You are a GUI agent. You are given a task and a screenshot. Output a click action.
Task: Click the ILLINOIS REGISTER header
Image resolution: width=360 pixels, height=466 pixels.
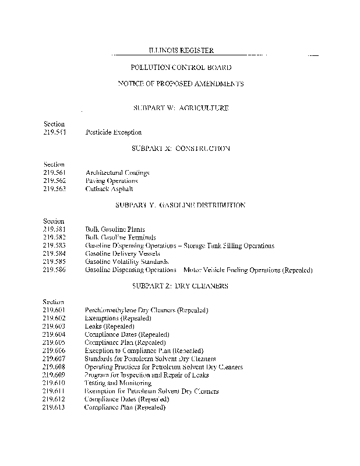pyautogui.click(x=181, y=51)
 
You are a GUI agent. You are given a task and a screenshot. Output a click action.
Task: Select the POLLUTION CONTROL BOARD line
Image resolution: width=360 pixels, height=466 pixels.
pyautogui.click(x=181, y=68)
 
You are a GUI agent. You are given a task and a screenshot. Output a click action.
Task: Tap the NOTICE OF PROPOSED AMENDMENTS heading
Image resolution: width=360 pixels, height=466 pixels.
pyautogui.click(x=181, y=84)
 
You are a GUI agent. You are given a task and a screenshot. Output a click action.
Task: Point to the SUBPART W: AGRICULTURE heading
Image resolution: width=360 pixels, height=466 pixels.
pyautogui.click(x=181, y=108)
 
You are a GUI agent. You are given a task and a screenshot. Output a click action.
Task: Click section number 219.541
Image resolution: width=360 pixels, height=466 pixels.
pyautogui.click(x=54, y=132)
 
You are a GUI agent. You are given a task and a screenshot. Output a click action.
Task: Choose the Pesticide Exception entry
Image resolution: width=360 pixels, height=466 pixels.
pyautogui.click(x=113, y=132)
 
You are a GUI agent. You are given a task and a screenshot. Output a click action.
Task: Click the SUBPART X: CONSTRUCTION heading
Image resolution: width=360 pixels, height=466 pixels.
pyautogui.click(x=181, y=149)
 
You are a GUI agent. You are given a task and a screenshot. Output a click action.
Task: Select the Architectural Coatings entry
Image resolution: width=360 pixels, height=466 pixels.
pyautogui.click(x=117, y=173)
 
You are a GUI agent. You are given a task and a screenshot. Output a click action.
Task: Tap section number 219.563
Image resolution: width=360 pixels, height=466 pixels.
pyautogui.click(x=54, y=189)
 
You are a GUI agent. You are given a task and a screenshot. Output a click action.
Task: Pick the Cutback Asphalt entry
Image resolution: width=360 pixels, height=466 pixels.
pyautogui.click(x=109, y=189)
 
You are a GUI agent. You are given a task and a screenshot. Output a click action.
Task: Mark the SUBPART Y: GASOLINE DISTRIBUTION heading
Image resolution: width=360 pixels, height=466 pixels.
pyautogui.click(x=181, y=205)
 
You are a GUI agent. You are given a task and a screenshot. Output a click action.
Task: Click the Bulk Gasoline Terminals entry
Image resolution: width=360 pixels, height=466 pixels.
pyautogui.click(x=121, y=238)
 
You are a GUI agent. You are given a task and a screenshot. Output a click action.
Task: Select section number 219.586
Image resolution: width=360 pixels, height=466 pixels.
pyautogui.click(x=54, y=270)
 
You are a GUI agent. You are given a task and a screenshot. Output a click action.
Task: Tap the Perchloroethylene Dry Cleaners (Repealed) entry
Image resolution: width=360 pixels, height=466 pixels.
pyautogui.click(x=146, y=310)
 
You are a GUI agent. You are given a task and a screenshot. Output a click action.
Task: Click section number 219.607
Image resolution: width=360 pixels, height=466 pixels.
pyautogui.click(x=54, y=359)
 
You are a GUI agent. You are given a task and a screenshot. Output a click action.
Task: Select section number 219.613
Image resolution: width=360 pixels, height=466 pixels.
pyautogui.click(x=54, y=408)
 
